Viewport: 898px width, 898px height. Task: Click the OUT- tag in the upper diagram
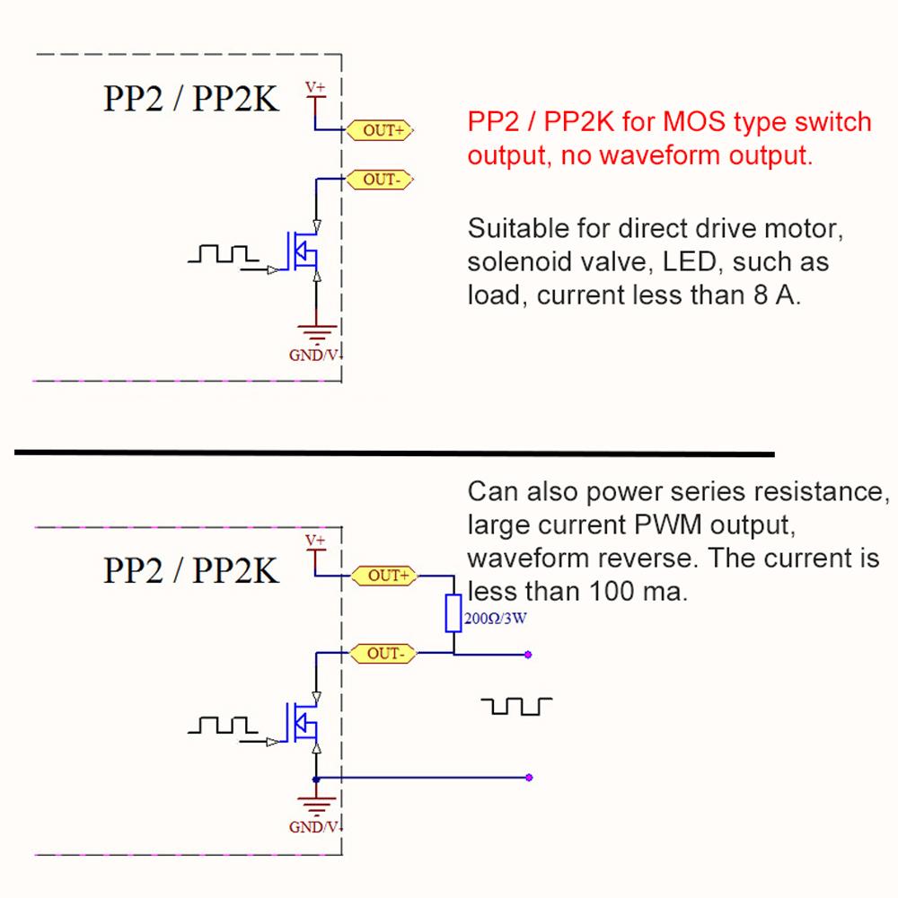click(x=381, y=180)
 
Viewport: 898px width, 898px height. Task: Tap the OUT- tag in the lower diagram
click(x=384, y=654)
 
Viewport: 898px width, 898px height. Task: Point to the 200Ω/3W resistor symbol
click(x=453, y=612)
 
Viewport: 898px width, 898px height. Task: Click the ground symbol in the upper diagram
click(x=317, y=330)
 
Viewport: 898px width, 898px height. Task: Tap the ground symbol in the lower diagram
click(x=317, y=803)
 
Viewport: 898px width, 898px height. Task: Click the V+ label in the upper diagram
click(x=315, y=87)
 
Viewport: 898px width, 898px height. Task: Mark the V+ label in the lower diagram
click(x=315, y=541)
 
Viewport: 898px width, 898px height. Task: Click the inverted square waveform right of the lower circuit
click(x=516, y=707)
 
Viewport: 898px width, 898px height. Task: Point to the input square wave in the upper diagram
click(x=222, y=254)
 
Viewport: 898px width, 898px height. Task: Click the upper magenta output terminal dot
click(x=528, y=655)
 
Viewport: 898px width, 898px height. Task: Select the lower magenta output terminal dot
click(x=529, y=778)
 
